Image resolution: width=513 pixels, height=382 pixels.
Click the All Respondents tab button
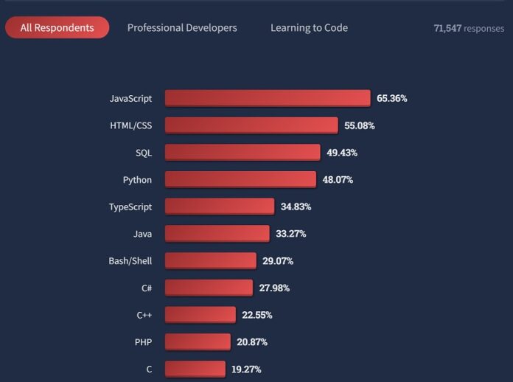57,27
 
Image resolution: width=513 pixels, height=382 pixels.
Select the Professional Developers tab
182,27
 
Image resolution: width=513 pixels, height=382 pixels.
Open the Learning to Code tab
309,27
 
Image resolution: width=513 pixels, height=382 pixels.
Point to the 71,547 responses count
470,28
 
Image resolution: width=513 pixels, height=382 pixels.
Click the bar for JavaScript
268,98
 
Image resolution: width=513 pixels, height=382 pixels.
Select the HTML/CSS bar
251,125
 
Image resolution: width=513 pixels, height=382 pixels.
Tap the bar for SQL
242,152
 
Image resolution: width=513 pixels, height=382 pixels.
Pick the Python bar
240,179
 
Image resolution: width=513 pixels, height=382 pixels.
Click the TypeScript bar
220,206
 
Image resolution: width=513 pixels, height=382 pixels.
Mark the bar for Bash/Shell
211,260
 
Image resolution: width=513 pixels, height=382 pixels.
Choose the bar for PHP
198,341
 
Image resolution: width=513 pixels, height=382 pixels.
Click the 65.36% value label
392,98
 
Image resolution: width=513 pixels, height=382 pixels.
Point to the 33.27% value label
290,234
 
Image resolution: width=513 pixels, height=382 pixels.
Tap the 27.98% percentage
274,288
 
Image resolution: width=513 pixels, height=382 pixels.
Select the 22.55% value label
257,315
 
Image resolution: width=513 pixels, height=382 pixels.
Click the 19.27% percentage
246,369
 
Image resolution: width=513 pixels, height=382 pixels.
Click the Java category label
142,234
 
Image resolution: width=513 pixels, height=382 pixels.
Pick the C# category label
147,288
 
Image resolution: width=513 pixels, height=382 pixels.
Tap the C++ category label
144,315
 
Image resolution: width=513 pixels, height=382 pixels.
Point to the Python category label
137,179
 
